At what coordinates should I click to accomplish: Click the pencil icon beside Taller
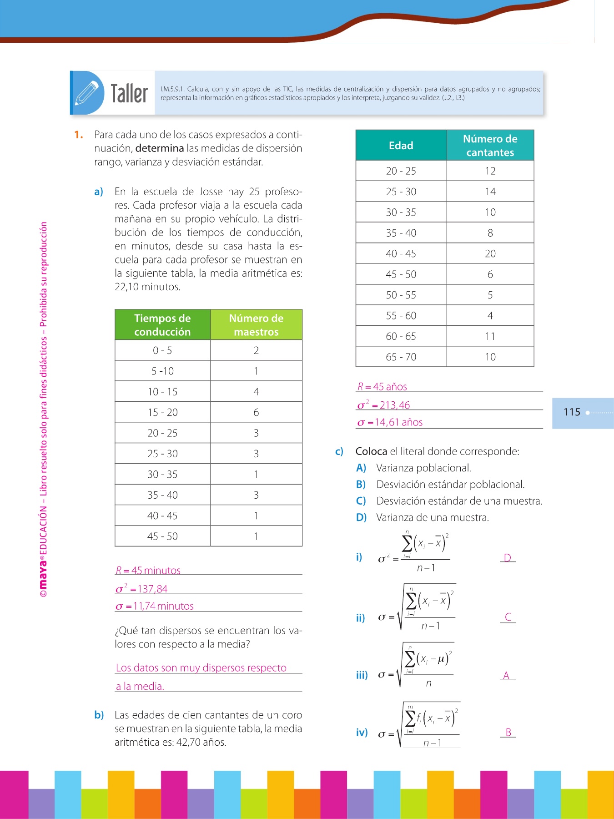point(87,93)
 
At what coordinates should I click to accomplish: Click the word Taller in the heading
point(129,94)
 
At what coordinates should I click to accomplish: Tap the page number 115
point(572,412)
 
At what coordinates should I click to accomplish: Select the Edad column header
point(401,146)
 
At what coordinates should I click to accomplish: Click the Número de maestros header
point(256,325)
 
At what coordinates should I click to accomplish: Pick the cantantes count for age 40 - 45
point(490,254)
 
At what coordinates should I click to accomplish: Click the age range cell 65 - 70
point(401,357)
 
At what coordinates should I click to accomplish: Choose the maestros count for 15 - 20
point(256,413)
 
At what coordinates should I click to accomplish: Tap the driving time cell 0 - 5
point(162,351)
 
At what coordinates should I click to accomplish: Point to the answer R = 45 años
point(382,387)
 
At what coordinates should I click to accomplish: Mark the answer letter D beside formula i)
point(508,558)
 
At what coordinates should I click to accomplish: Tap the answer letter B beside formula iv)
point(508,733)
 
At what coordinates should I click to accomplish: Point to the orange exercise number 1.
point(79,135)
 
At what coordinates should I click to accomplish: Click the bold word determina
point(160,148)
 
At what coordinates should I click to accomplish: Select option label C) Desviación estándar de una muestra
point(361,501)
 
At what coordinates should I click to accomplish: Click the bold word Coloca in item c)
point(371,451)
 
